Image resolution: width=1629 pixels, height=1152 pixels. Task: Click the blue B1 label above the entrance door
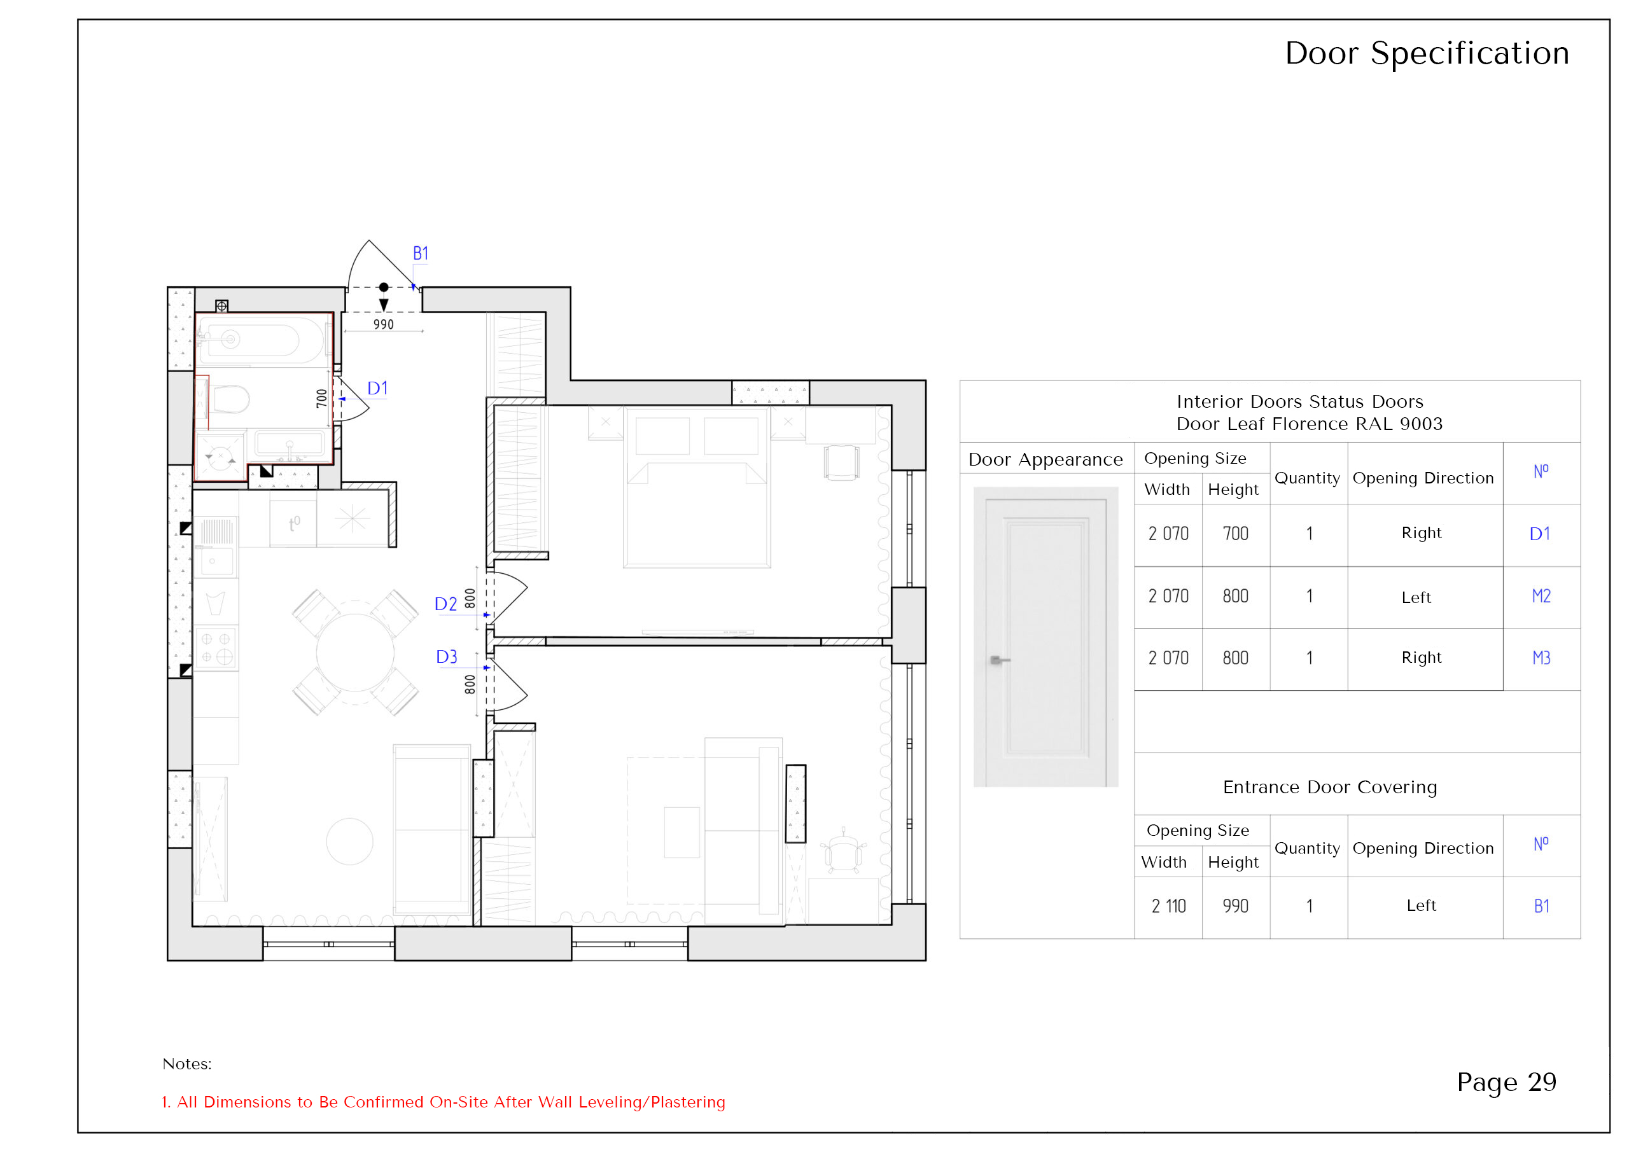coord(420,253)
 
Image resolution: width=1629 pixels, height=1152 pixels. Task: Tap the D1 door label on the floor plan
coord(377,388)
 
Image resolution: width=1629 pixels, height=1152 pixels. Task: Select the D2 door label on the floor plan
coord(445,604)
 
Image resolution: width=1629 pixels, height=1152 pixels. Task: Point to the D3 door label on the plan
coord(446,657)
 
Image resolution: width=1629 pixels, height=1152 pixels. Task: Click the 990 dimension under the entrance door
coord(383,324)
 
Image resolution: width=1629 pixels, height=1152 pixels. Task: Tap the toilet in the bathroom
coord(230,399)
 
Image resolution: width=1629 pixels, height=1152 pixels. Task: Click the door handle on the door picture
coord(999,660)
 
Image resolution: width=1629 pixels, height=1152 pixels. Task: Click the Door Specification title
coord(1427,53)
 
